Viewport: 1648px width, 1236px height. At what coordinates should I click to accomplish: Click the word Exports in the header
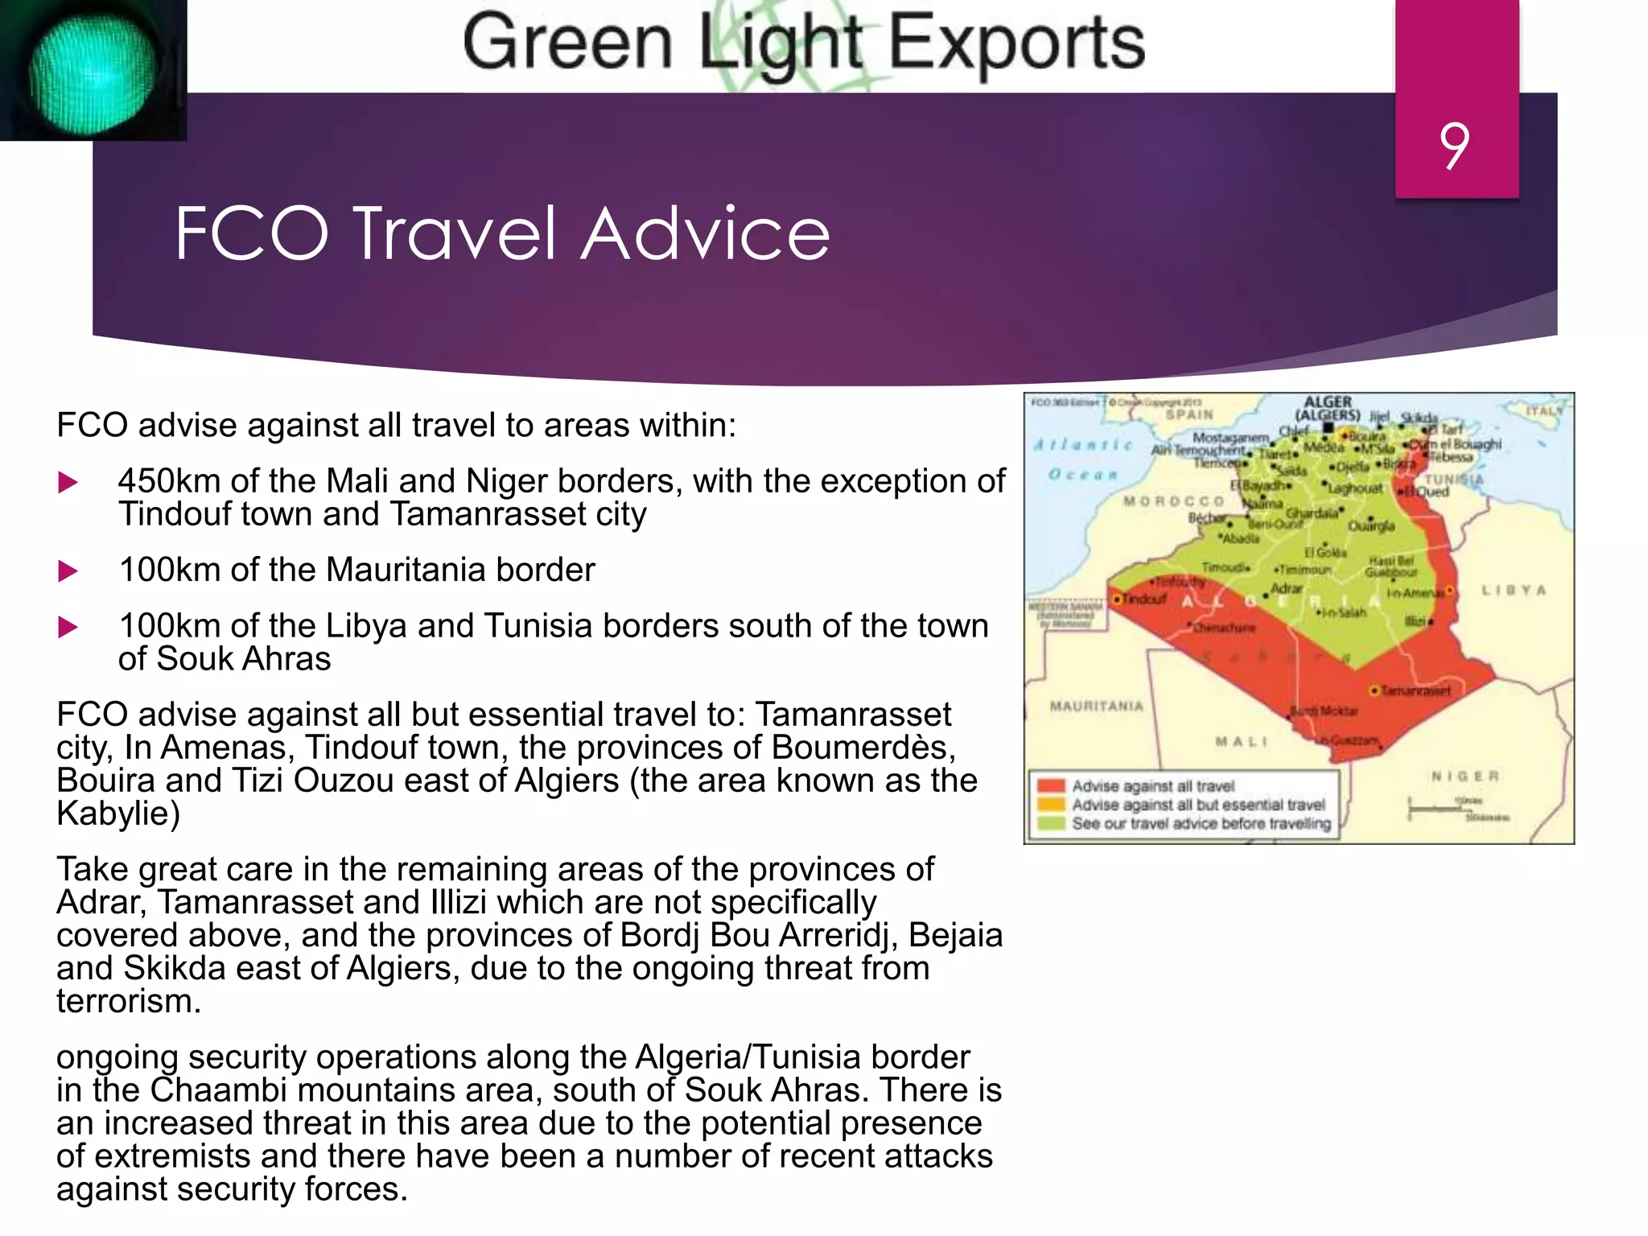1016,43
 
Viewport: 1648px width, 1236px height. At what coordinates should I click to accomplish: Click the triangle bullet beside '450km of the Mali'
68,483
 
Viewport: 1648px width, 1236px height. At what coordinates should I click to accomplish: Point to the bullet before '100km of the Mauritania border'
68,571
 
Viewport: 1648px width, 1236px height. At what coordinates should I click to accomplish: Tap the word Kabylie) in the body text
117,814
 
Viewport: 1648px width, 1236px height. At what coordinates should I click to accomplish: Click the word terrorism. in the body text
128,1001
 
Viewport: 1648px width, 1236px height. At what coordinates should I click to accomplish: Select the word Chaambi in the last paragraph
218,1090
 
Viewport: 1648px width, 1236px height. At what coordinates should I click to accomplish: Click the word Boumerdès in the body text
863,748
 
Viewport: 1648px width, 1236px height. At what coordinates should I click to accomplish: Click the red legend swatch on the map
1051,785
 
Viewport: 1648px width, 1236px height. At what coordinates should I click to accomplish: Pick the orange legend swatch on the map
1051,804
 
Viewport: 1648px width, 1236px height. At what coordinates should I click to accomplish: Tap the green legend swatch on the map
1051,822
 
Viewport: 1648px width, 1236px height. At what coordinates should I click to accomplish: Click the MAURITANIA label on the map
1096,707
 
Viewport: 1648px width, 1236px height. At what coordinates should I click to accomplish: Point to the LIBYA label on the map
1514,590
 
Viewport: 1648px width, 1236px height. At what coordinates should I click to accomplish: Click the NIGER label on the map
1465,776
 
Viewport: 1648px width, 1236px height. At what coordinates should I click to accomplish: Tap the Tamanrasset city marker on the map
1374,690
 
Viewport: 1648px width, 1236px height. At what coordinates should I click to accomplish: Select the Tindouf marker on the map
1117,599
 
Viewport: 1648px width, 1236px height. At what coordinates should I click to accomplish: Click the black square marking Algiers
1329,427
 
